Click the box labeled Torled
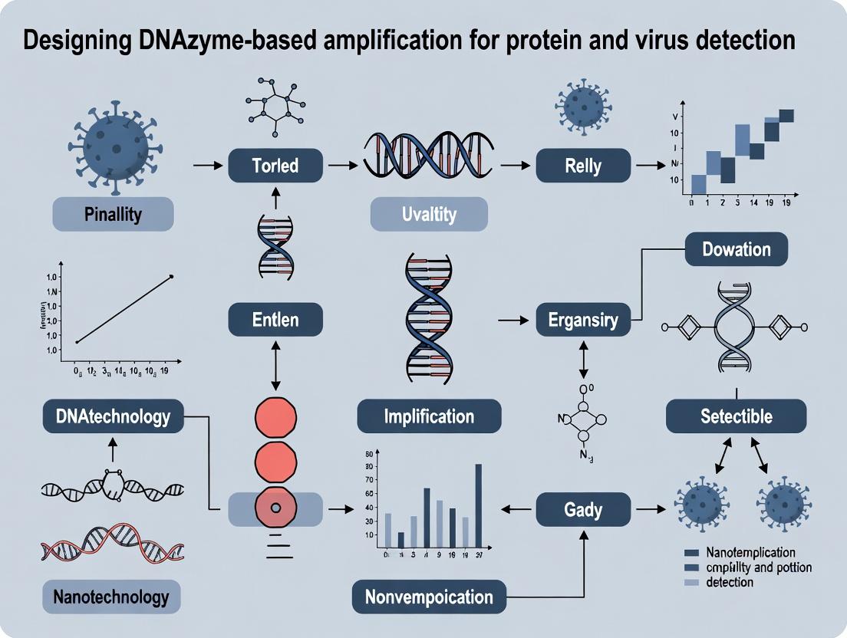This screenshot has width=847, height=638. [x=275, y=166]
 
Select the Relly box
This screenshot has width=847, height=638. [x=583, y=166]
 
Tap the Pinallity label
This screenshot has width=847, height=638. [x=113, y=213]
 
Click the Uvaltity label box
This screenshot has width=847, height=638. [x=429, y=214]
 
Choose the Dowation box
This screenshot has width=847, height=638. [x=736, y=249]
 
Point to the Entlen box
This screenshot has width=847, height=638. [x=275, y=319]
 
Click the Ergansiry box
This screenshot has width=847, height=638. [x=583, y=319]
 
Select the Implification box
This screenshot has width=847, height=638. [x=429, y=416]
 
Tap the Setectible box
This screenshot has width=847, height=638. [x=736, y=416]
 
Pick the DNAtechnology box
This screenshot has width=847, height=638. [x=113, y=416]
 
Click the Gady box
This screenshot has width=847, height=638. [x=583, y=509]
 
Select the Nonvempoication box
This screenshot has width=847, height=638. [x=429, y=597]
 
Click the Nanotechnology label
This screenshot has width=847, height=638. [x=113, y=596]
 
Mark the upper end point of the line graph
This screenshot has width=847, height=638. [x=171, y=276]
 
